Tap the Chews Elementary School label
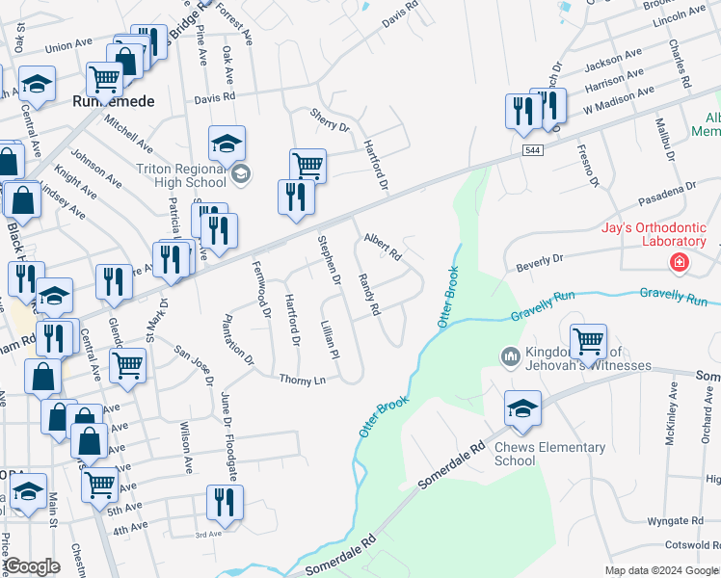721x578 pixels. click(549, 454)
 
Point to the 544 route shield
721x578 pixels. click(533, 150)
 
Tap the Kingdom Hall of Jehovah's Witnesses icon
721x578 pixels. click(510, 357)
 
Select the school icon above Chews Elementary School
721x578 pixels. click(522, 409)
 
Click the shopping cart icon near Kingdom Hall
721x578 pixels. click(588, 341)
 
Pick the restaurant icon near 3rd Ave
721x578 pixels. click(225, 502)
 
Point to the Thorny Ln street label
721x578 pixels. click(302, 380)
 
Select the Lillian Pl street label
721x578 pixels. click(330, 340)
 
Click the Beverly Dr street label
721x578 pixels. click(539, 261)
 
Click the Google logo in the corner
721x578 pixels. click(31, 566)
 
